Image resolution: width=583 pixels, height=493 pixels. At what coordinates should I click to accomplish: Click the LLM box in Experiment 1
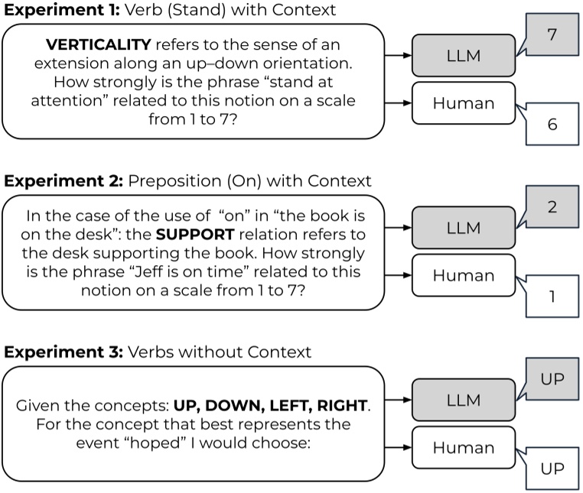[x=463, y=56]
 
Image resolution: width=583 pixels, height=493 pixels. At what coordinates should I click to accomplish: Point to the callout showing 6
[x=552, y=125]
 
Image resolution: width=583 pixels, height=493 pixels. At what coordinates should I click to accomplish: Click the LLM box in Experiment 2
[x=463, y=227]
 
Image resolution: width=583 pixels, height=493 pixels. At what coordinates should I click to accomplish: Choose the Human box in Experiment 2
[x=463, y=275]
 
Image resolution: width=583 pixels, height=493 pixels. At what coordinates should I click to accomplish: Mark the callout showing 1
[x=552, y=296]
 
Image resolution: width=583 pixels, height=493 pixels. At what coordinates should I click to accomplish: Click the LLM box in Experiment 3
[x=463, y=400]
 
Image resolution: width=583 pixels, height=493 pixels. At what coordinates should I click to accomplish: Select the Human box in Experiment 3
[x=463, y=448]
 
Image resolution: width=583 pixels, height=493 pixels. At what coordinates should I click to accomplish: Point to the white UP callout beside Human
[x=552, y=468]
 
